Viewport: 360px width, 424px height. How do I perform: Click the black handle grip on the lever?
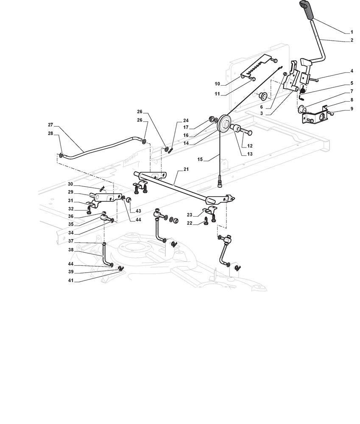tap(307, 10)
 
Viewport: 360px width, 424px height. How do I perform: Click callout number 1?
tap(352, 32)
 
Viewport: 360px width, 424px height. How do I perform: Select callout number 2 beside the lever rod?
tap(352, 40)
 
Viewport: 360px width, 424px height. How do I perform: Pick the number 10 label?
tap(217, 84)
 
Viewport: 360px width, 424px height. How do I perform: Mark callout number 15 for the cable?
tap(200, 159)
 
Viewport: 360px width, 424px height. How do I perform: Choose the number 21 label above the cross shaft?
tap(185, 169)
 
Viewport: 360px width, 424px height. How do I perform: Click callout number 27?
tap(50, 125)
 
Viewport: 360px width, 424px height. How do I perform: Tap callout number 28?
tap(50, 134)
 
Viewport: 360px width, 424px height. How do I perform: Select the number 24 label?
tap(185, 120)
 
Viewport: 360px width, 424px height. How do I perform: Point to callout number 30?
tap(70, 184)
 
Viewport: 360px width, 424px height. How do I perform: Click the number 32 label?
tap(70, 209)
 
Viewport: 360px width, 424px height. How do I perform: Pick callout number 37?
tap(70, 241)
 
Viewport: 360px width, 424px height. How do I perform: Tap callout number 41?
tap(70, 281)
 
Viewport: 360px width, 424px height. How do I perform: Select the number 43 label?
tap(138, 211)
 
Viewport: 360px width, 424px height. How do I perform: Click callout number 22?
tap(190, 223)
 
